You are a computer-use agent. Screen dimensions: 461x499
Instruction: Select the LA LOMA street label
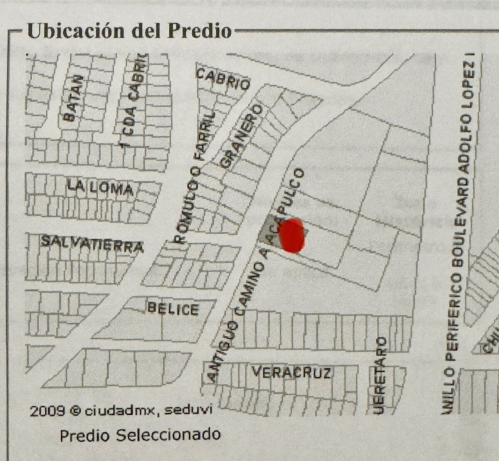click(100, 188)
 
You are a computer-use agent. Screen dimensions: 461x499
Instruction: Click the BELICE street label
click(173, 308)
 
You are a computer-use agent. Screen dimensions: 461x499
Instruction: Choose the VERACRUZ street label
click(291, 372)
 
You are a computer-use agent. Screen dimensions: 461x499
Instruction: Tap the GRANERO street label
click(242, 136)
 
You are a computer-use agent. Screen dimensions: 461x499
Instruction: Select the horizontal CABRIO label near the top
click(223, 79)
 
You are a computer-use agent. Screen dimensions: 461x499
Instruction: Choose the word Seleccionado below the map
click(168, 435)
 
